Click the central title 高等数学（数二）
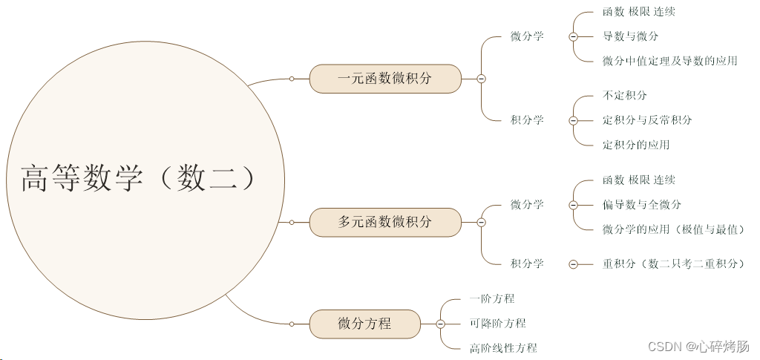(x=141, y=179)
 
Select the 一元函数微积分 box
(x=384, y=78)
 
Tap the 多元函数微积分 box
(x=384, y=221)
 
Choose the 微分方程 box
(x=364, y=324)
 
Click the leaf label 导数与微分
(x=630, y=36)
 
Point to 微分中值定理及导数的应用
(x=669, y=61)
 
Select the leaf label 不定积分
(x=625, y=96)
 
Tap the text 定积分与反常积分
(x=647, y=120)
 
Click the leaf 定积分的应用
(x=636, y=145)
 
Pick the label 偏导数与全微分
(x=641, y=205)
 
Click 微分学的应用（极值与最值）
(x=673, y=229)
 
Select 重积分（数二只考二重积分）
(x=673, y=264)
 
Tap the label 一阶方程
(x=492, y=298)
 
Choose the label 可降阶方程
(x=497, y=323)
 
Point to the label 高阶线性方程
(x=503, y=347)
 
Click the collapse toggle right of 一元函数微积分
(x=481, y=78)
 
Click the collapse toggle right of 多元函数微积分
(x=481, y=222)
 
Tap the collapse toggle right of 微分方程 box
(x=440, y=324)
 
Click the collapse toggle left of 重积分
(x=573, y=264)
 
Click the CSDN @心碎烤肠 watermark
(x=698, y=347)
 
